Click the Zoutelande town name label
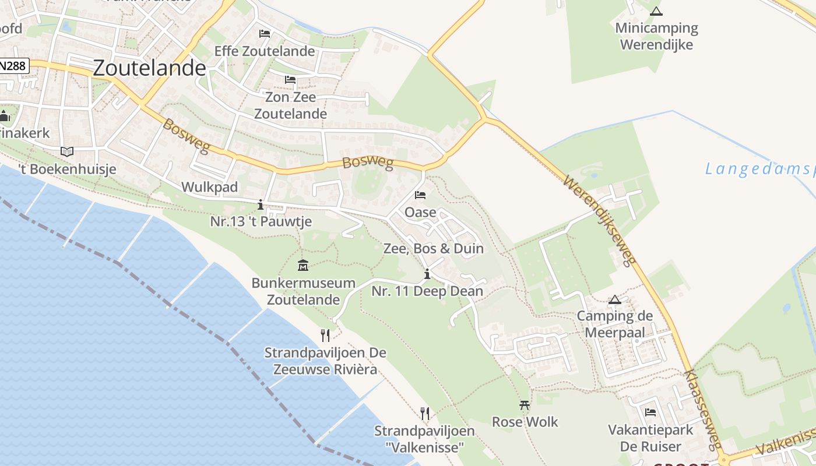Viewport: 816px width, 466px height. coord(149,68)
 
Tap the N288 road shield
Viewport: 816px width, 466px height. coord(13,66)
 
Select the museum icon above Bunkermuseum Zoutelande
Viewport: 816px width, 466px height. coord(303,265)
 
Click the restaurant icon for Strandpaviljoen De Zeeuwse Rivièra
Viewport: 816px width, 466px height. coord(325,335)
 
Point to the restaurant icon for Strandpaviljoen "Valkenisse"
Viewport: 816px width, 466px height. coord(425,414)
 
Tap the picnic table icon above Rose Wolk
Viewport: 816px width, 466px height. coord(525,405)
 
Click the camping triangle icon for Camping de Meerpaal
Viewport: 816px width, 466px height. coord(614,300)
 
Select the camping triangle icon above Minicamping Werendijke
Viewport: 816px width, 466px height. coord(656,11)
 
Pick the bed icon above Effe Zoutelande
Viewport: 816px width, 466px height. coord(265,34)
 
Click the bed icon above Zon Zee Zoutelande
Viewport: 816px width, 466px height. coord(290,80)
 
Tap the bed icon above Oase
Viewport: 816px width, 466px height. coord(420,195)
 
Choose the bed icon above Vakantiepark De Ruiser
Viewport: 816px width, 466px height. coord(650,412)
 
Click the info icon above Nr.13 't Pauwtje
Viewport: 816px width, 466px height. coord(261,204)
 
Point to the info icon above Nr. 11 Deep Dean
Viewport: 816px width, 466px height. coord(427,274)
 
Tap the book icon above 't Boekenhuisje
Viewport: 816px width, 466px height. coord(67,151)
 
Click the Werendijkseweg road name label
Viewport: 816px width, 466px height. coord(599,221)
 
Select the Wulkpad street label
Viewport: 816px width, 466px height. coord(210,187)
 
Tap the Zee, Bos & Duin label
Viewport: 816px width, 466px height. coord(433,248)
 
